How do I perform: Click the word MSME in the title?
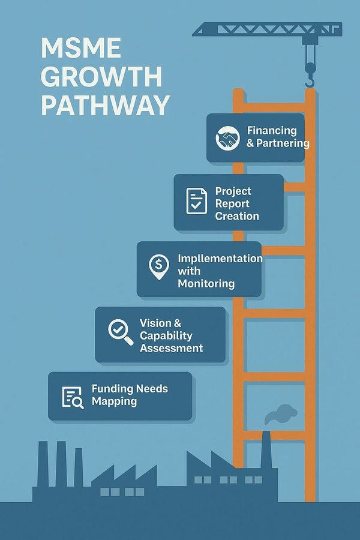(x=81, y=48)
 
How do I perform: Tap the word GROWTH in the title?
(x=101, y=76)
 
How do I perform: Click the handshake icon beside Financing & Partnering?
(x=227, y=138)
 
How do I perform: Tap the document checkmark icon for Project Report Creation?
(x=196, y=201)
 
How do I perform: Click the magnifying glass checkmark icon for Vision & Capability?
(x=121, y=332)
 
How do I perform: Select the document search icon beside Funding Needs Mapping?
(x=73, y=398)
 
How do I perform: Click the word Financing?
(x=272, y=131)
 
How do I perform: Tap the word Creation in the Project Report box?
(x=237, y=216)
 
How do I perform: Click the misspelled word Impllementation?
(x=220, y=258)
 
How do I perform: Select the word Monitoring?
(x=206, y=283)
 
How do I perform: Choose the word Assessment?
(x=171, y=348)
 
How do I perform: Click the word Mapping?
(x=115, y=401)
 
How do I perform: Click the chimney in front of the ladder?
(x=266, y=449)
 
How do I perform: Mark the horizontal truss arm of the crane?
(x=267, y=29)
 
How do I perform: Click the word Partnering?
(x=283, y=143)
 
